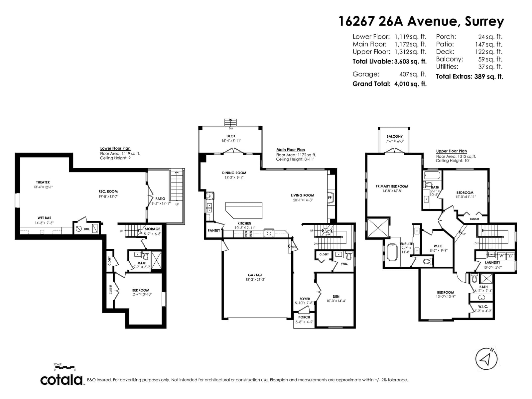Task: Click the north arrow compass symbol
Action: click(486, 365)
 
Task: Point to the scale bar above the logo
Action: click(65, 367)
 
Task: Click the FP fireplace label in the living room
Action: click(330, 198)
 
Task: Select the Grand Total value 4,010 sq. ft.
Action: click(410, 84)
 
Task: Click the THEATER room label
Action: click(43, 182)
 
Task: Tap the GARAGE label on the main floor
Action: click(255, 275)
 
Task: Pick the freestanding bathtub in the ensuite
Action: click(392, 252)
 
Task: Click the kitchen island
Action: click(244, 210)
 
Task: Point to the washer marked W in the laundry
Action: click(501, 256)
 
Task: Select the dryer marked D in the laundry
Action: click(510, 256)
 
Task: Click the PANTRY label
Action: click(214, 230)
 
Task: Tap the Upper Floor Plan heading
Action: click(451, 151)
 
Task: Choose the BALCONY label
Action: click(395, 137)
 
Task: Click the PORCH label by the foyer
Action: click(304, 317)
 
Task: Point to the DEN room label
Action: click(336, 297)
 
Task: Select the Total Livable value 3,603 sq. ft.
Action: click(410, 62)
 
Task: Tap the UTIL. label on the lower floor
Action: click(87, 229)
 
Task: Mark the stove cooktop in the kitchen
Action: click(248, 234)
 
